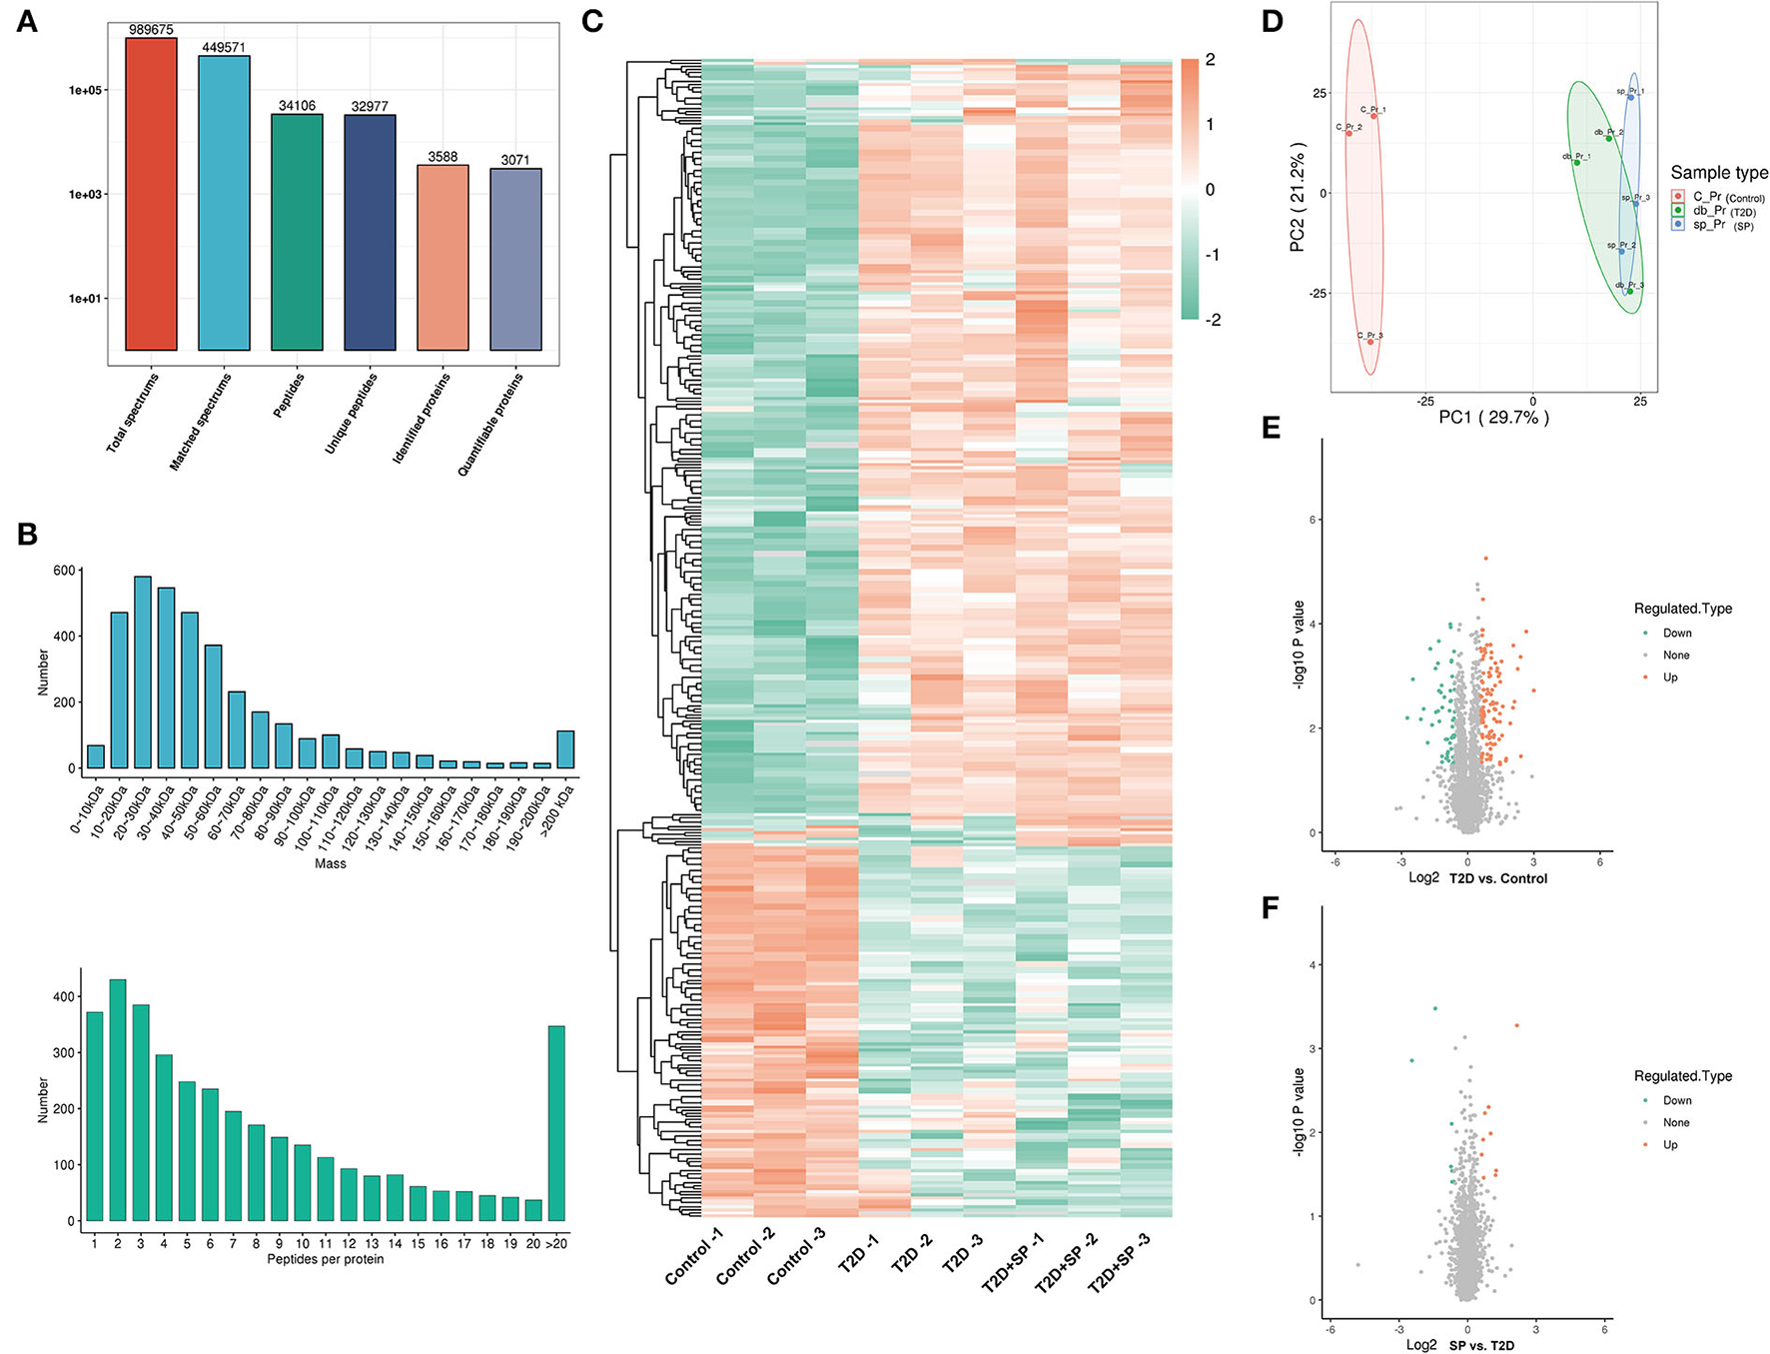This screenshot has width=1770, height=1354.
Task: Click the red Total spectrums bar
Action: pyautogui.click(x=151, y=194)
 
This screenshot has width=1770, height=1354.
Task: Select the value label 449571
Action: pyautogui.click(x=224, y=47)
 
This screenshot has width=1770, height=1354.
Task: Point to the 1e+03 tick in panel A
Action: pyautogui.click(x=86, y=194)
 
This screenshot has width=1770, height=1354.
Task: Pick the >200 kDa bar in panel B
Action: pyautogui.click(x=565, y=749)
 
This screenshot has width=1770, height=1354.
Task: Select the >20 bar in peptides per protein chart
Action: pyautogui.click(x=556, y=1123)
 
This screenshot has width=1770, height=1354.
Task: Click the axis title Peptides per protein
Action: pyautogui.click(x=326, y=1259)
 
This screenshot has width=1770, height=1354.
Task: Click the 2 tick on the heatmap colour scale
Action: pyautogui.click(x=1211, y=60)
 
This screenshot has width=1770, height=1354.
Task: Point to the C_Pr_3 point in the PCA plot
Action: pyautogui.click(x=1370, y=342)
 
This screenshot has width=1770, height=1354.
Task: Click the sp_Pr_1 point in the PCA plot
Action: pyautogui.click(x=1630, y=97)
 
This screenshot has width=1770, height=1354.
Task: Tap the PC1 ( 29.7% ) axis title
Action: pyautogui.click(x=1493, y=418)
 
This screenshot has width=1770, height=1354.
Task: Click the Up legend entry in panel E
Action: pyautogui.click(x=1670, y=677)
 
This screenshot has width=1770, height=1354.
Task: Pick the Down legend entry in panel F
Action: pyautogui.click(x=1677, y=1100)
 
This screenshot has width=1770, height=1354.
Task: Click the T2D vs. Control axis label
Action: pyautogui.click(x=1497, y=878)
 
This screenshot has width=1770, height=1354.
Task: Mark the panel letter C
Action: pyautogui.click(x=591, y=22)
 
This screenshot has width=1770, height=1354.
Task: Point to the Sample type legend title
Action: pyautogui.click(x=1718, y=173)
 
